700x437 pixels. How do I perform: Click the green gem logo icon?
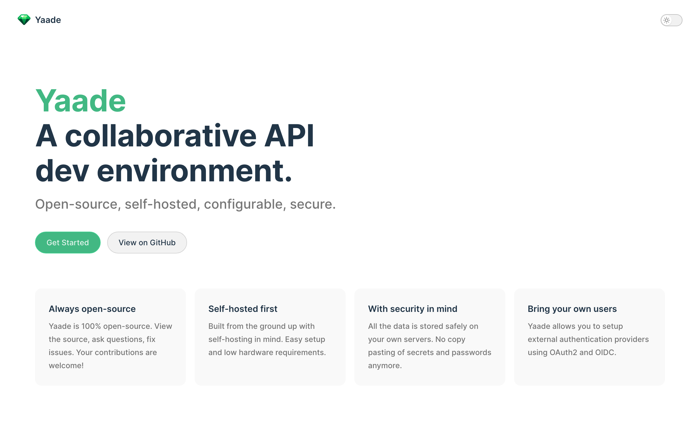24,20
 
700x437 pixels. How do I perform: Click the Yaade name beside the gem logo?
48,20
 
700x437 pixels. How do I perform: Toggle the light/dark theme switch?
671,20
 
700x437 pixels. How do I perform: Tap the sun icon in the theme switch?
666,20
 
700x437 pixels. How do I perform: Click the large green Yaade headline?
80,101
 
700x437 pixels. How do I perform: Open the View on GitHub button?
147,243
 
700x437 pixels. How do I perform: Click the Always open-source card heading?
92,309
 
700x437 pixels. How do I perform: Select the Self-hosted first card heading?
243,309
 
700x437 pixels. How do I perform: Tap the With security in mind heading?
412,309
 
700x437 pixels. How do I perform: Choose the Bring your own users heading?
572,309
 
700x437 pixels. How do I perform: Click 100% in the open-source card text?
91,326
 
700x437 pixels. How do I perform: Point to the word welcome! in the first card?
66,366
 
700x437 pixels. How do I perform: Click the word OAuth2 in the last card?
563,353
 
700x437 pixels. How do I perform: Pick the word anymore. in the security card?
385,366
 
